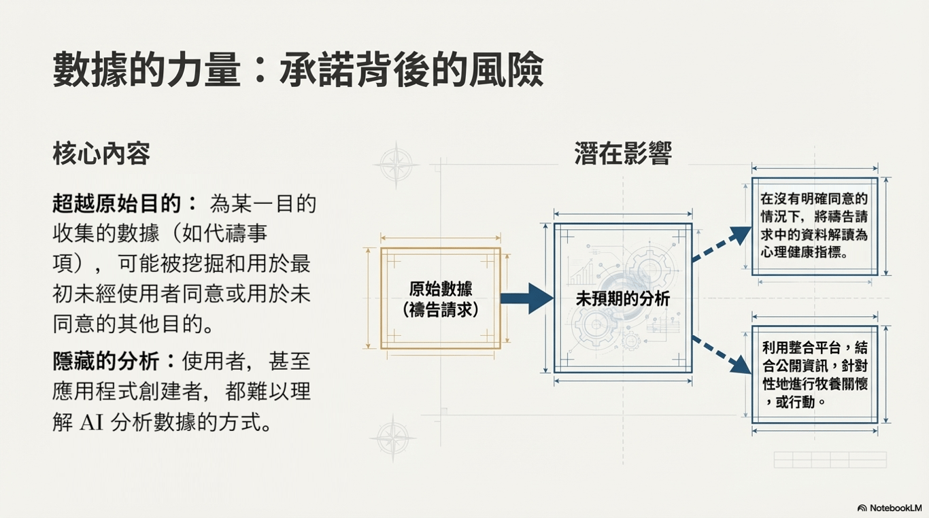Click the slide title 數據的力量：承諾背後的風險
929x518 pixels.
pyautogui.click(x=298, y=69)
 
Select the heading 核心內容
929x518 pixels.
pyautogui.click(x=101, y=155)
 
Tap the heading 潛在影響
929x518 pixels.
pyautogui.click(x=623, y=154)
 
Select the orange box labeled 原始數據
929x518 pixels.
pyautogui.click(x=440, y=298)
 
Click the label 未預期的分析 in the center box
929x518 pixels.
pyautogui.click(x=622, y=298)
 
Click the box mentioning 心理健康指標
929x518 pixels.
pyautogui.click(x=814, y=226)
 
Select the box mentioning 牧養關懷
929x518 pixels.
pyautogui.click(x=814, y=375)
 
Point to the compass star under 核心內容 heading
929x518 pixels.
pyautogui.click(x=396, y=165)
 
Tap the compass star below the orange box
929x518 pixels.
pyautogui.click(x=392, y=437)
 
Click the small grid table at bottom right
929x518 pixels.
pyautogui.click(x=830, y=460)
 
